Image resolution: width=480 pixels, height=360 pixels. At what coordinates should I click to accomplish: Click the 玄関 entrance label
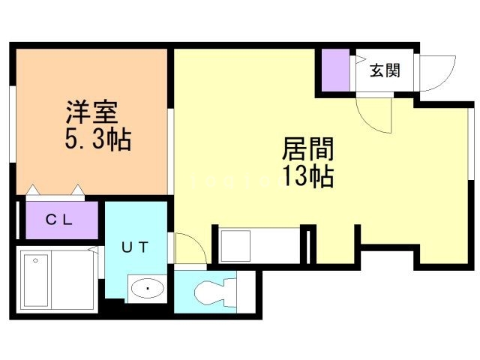pyautogui.click(x=384, y=71)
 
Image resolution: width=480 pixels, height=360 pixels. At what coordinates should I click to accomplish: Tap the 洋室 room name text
pyautogui.click(x=89, y=115)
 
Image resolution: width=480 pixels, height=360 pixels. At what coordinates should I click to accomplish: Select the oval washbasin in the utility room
pyautogui.click(x=148, y=288)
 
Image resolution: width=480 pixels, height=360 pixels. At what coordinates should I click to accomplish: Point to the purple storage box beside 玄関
pyautogui.click(x=336, y=70)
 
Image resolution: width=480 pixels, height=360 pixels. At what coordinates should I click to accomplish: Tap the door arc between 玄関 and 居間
pyautogui.click(x=372, y=112)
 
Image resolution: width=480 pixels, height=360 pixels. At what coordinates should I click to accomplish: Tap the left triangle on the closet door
pyautogui.click(x=33, y=190)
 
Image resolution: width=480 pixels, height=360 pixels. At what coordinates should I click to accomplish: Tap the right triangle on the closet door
pyautogui.click(x=77, y=190)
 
